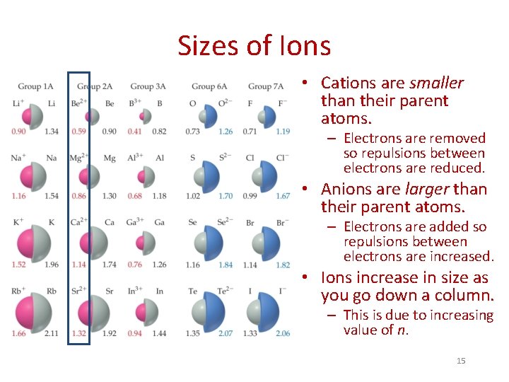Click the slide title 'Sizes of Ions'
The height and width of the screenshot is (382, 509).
tap(254, 47)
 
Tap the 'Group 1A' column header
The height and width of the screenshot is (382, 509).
tap(35, 86)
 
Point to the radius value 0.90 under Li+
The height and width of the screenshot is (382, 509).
tap(20, 132)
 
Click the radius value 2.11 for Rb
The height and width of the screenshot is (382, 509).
tap(52, 333)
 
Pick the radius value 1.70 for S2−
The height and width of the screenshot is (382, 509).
tap(226, 196)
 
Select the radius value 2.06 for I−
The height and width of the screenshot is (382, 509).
tap(282, 333)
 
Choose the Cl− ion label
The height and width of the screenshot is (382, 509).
tap(282, 158)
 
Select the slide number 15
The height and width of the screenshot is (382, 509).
tap(461, 361)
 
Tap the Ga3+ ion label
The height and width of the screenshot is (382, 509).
tap(135, 222)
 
